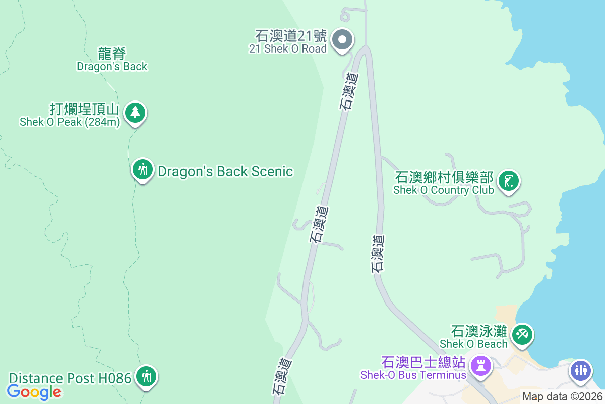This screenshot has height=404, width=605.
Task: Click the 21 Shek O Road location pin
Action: (343, 39)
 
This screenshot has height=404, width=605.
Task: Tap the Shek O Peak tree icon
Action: (135, 112)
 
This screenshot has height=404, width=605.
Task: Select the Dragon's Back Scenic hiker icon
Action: (143, 170)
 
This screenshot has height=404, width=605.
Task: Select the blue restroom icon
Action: (580, 370)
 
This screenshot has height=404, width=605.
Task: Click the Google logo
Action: (34, 391)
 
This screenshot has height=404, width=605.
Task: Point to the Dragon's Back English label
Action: (112, 66)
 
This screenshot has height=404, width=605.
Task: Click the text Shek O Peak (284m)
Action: (69, 122)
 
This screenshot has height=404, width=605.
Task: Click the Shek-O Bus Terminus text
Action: (413, 375)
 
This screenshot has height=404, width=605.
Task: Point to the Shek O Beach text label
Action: (473, 344)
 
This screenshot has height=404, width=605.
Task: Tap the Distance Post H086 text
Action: (70, 378)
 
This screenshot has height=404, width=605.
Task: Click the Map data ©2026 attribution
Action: (562, 396)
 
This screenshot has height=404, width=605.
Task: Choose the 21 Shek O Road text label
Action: (287, 49)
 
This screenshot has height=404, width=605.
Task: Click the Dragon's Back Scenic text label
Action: (225, 171)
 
